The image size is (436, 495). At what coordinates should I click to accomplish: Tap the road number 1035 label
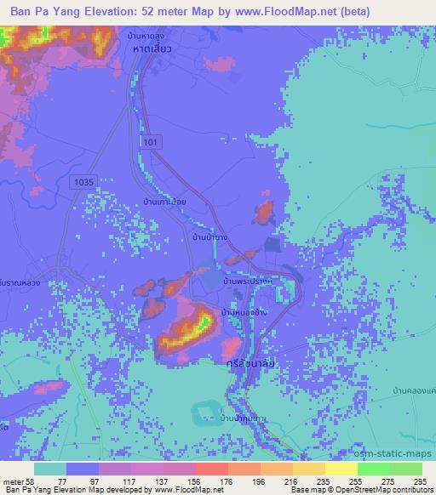pos(84,180)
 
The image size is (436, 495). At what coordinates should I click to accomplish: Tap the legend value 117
pos(131,481)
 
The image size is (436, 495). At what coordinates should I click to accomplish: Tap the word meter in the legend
pos(12,481)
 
